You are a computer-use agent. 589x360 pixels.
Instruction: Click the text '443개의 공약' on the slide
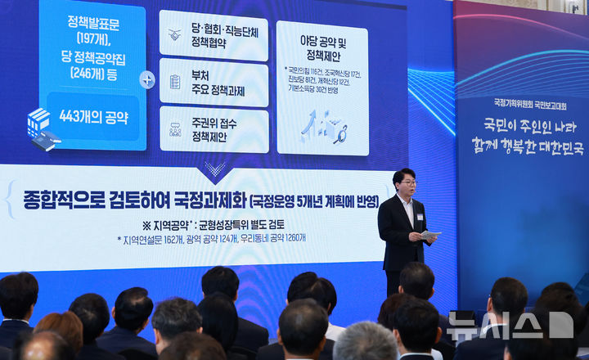point(93,117)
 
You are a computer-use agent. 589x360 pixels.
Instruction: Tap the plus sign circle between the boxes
point(147,79)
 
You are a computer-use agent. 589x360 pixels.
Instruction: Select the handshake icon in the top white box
point(175,35)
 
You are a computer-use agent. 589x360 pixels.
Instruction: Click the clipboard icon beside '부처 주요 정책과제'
point(175,82)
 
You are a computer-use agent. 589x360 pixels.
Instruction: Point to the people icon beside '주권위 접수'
point(175,128)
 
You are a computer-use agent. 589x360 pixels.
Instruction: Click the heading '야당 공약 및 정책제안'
point(322,47)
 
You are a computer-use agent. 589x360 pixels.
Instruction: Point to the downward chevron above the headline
point(216,169)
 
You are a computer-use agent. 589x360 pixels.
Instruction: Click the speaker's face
point(404,182)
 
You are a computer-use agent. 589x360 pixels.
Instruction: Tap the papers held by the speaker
point(430,236)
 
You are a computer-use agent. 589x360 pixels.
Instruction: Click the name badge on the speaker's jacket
point(420,217)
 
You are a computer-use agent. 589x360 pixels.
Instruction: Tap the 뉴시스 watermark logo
point(510,325)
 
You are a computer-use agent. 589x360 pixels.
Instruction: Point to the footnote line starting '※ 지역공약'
point(213,224)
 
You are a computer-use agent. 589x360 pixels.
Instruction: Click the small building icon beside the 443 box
point(41,128)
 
